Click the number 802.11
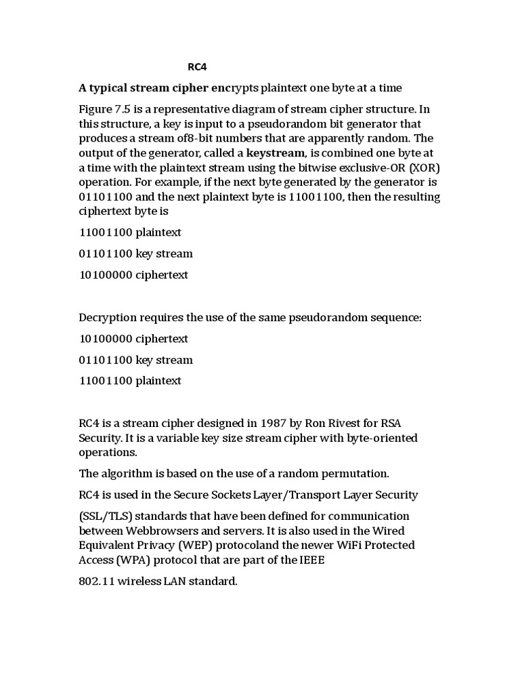(95, 581)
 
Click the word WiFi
(359, 545)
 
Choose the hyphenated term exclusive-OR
(368, 167)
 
